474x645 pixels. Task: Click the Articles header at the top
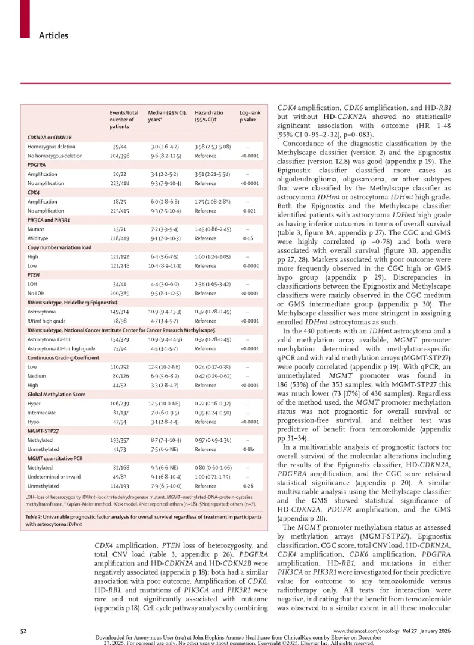click(53, 35)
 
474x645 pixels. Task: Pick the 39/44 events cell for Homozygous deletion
click(119, 147)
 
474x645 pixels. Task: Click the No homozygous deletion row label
click(55, 156)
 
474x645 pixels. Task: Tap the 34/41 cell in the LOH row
click(119, 284)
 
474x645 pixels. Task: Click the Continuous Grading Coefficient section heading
click(63, 357)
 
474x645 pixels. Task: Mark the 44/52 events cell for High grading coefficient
click(119, 385)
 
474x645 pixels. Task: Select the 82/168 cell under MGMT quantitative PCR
click(119, 468)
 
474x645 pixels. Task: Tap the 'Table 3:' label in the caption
click(37, 516)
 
